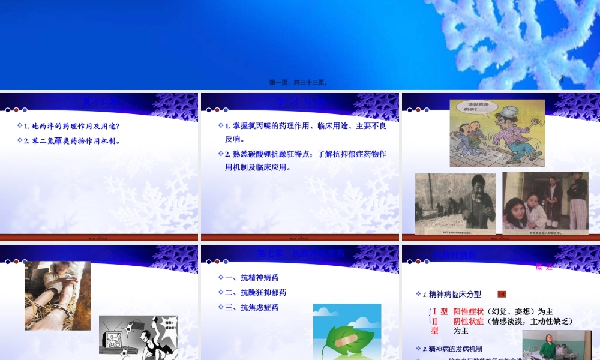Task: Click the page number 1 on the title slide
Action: [562, 78]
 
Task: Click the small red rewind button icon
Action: [502, 294]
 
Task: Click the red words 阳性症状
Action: [469, 311]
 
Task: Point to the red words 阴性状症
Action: [469, 321]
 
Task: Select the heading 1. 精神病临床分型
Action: [452, 294]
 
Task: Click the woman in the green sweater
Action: [547, 347]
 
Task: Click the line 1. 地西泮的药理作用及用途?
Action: [71, 126]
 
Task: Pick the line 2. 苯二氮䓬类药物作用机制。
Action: [72, 141]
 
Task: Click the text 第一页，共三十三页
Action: [298, 82]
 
